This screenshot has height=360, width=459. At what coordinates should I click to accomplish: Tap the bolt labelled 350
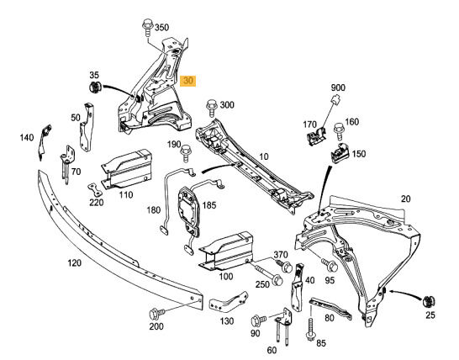[x=148, y=28]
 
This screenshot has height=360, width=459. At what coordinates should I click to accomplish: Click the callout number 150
[x=359, y=155]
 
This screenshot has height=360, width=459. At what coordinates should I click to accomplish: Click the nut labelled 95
[x=330, y=266]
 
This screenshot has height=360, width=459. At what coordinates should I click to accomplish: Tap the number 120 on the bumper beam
[x=75, y=262]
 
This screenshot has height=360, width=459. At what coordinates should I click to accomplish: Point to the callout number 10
[x=265, y=157]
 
